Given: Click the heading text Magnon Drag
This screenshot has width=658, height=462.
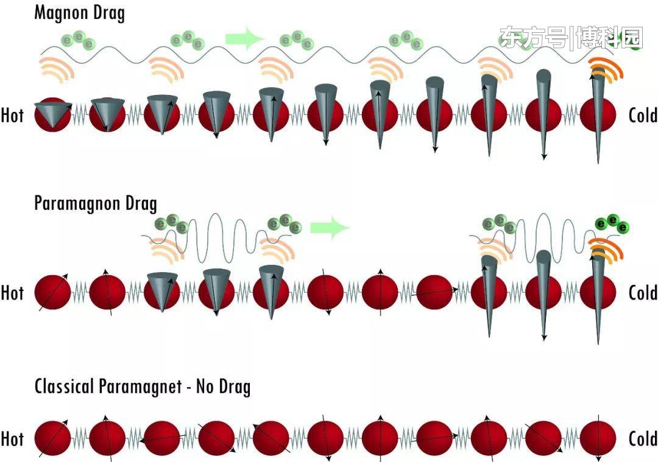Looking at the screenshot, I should coord(79,13).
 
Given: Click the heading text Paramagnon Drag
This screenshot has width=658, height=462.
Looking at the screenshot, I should coord(96,203).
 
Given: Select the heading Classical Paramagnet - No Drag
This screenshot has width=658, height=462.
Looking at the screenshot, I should coord(143,387).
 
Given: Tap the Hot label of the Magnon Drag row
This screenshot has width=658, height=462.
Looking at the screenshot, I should coord(12,116).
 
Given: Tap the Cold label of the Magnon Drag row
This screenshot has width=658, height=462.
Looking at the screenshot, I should coord(643,116).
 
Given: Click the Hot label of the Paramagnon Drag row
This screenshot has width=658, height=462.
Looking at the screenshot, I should coord(12,293).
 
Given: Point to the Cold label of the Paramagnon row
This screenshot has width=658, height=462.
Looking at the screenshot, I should coord(643,293).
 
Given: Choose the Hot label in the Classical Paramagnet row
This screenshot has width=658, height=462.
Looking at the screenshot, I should coord(12,439).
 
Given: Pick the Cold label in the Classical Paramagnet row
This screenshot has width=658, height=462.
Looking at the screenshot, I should coord(643,439).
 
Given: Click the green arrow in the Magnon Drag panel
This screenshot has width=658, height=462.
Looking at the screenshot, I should coord(244,38).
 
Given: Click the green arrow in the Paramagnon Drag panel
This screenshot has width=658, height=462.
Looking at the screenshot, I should coord(330,228).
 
